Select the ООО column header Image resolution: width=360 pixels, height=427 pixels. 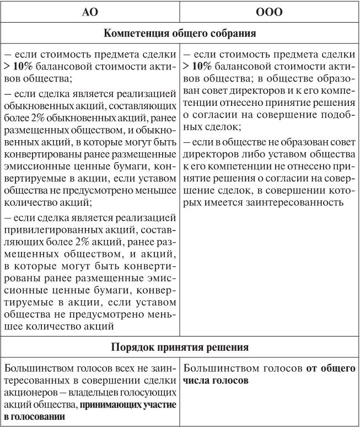click(269, 12)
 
